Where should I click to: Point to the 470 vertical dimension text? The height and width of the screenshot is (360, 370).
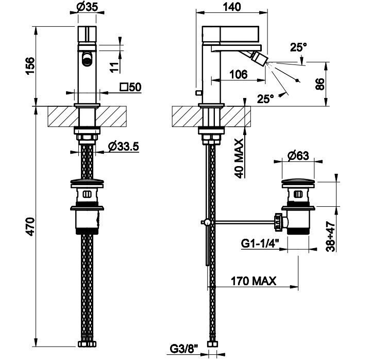pyautogui.click(x=30, y=227)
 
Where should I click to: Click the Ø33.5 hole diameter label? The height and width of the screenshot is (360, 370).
pyautogui.click(x=124, y=146)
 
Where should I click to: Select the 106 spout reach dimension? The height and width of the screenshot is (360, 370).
pyautogui.click(x=238, y=75)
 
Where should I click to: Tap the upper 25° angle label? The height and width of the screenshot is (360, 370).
pyautogui.click(x=298, y=47)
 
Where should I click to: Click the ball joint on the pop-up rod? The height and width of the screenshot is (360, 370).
pyautogui.click(x=206, y=222)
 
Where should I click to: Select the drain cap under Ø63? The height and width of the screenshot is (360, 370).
pyautogui.click(x=299, y=183)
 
